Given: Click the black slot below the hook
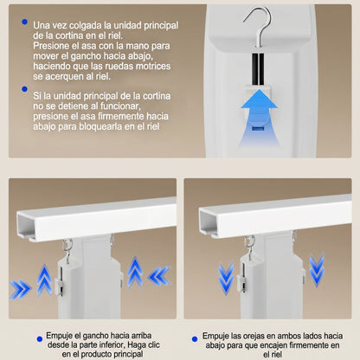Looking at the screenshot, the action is (258, 69).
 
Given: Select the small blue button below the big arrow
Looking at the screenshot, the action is (258, 128).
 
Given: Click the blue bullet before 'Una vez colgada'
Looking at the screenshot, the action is (24, 22).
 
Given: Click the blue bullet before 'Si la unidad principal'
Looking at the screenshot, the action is (24, 89).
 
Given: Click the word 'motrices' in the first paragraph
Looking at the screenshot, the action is (153, 66).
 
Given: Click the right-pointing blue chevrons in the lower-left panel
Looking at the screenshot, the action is (20, 289).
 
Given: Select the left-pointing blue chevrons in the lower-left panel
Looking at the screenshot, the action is (159, 276).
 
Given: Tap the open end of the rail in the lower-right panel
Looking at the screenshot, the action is (209, 223).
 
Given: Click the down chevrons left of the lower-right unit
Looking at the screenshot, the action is (226, 278).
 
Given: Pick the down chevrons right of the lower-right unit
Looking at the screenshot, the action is (317, 269).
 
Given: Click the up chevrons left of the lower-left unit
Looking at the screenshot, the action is (44, 280).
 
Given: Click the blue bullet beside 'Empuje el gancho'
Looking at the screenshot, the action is (40, 339).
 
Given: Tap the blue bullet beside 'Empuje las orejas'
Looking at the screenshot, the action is (195, 339).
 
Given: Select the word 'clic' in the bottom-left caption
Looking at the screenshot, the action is (153, 344).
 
